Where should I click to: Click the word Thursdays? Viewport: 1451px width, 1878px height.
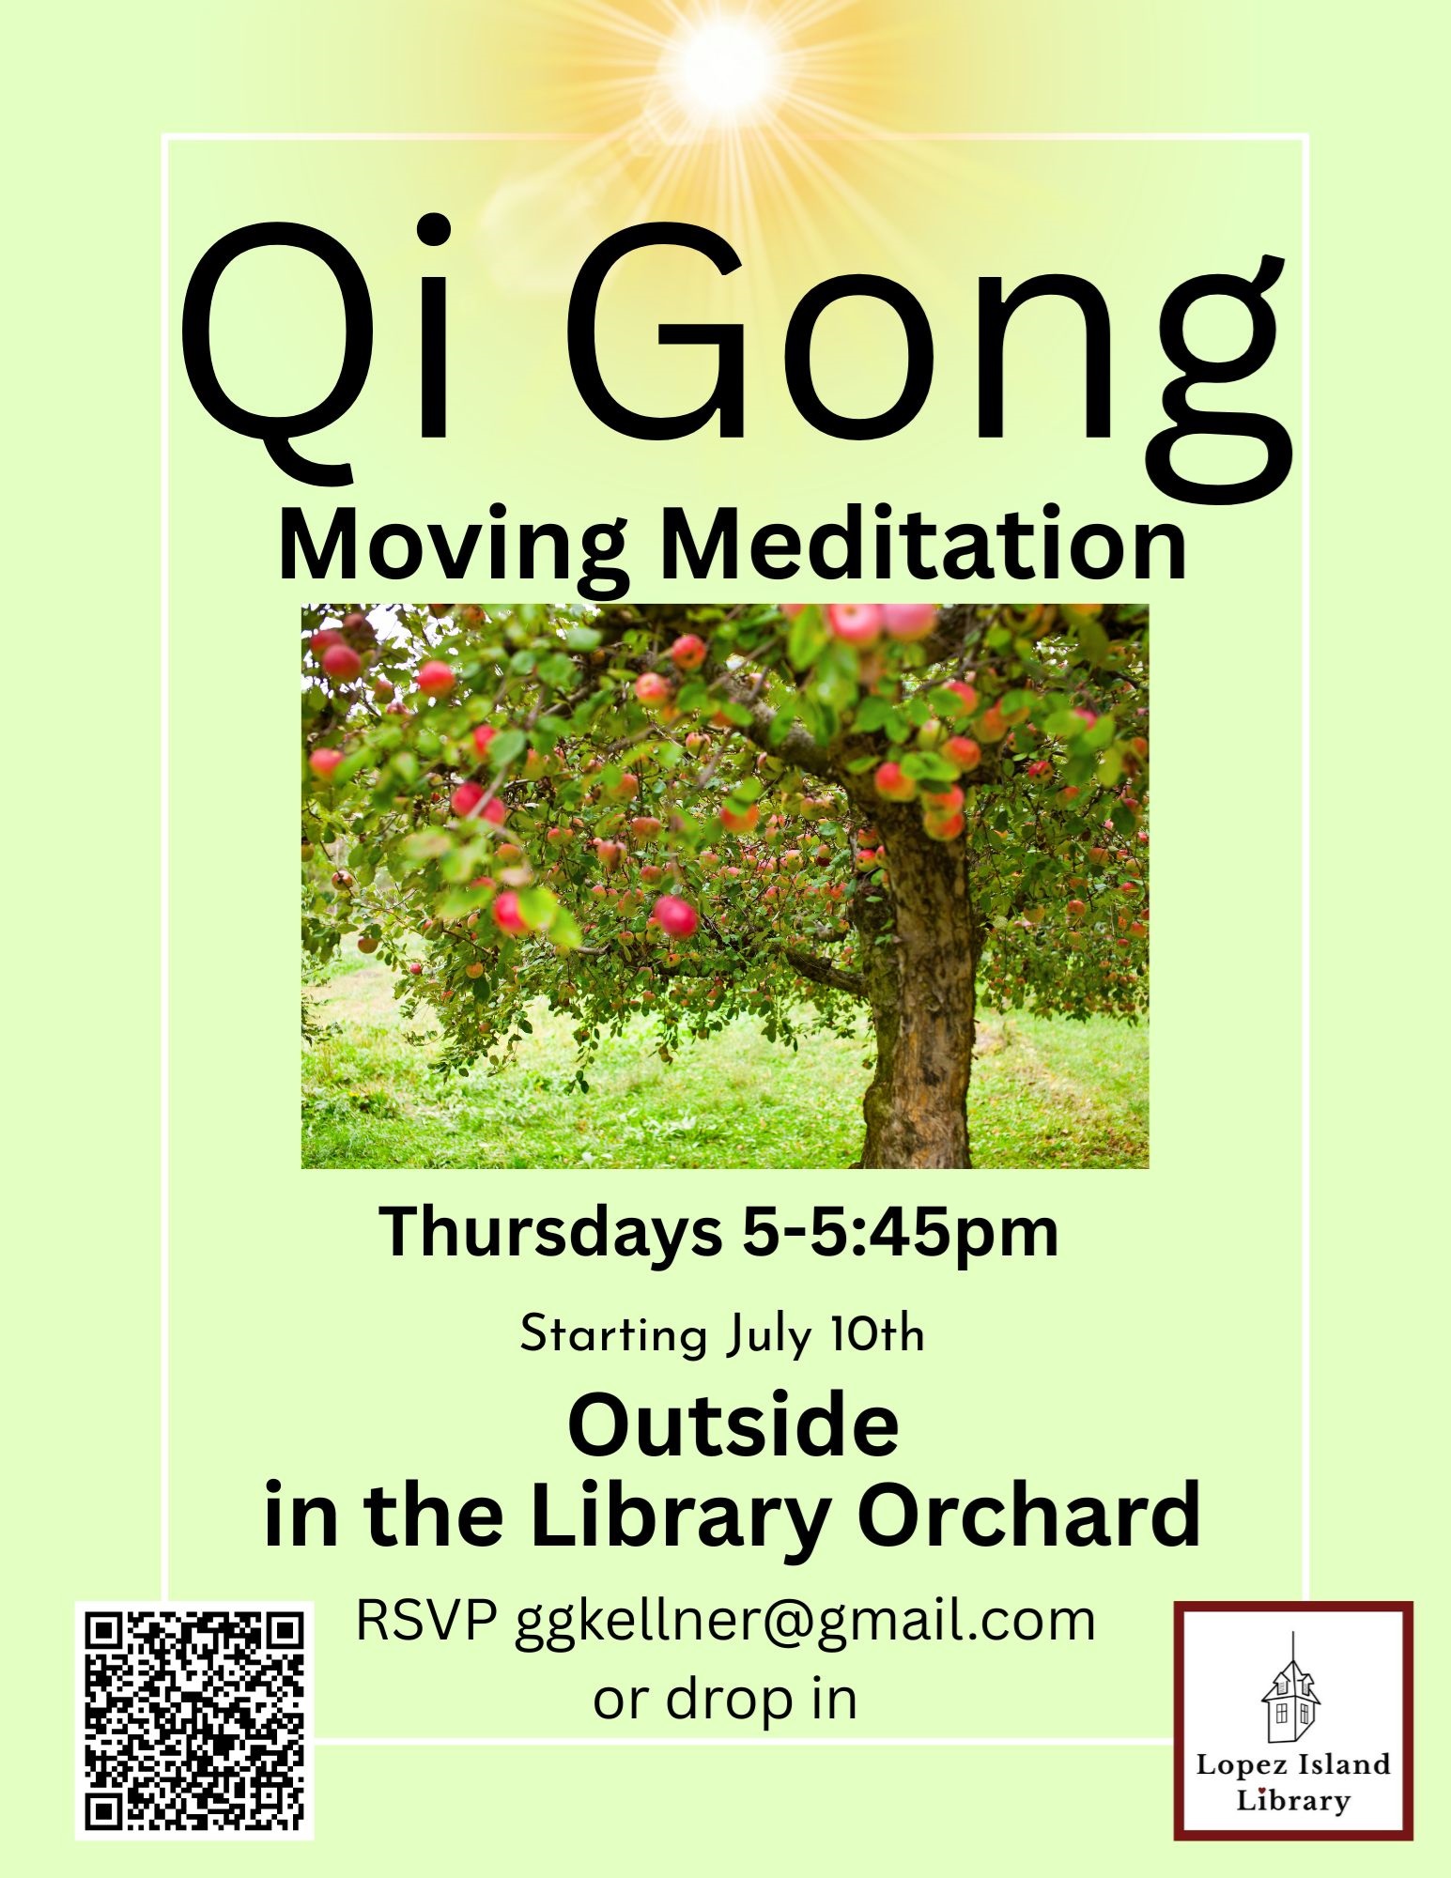(550, 1233)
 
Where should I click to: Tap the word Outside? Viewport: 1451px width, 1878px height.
(733, 1425)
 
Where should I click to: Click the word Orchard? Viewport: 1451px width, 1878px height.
(1029, 1515)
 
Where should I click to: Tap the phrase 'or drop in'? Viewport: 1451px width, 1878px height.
(725, 1701)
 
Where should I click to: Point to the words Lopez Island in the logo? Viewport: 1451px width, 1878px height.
(1292, 1765)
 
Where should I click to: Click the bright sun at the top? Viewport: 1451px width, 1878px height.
(724, 64)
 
